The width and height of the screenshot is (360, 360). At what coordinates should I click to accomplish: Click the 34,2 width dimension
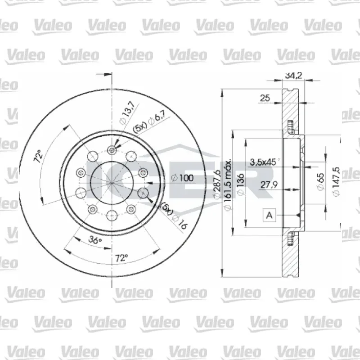(x=293, y=75)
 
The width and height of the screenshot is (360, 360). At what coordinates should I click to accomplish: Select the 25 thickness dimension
(x=265, y=98)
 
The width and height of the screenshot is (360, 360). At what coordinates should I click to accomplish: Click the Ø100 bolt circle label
(x=183, y=178)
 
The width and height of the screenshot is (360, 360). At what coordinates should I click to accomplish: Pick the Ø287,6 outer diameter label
(x=217, y=184)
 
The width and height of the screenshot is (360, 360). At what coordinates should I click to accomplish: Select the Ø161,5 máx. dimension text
(x=227, y=184)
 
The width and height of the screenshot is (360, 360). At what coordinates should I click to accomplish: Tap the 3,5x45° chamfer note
(x=265, y=162)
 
